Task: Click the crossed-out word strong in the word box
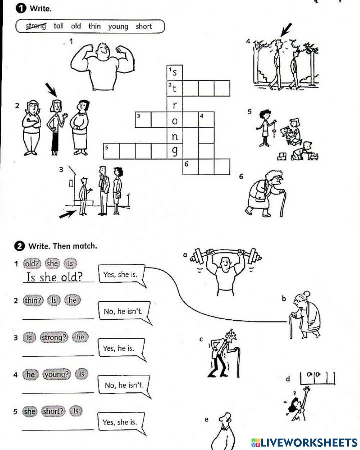(x=36, y=26)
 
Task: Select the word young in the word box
(x=118, y=26)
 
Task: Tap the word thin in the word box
(x=94, y=26)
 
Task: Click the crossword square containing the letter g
(x=175, y=151)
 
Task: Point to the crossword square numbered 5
(x=111, y=151)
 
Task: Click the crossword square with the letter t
(x=175, y=88)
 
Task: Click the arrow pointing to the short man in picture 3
(x=68, y=214)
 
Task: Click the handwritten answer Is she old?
(x=54, y=276)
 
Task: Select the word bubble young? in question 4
(x=57, y=374)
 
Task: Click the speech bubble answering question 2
(x=123, y=311)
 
